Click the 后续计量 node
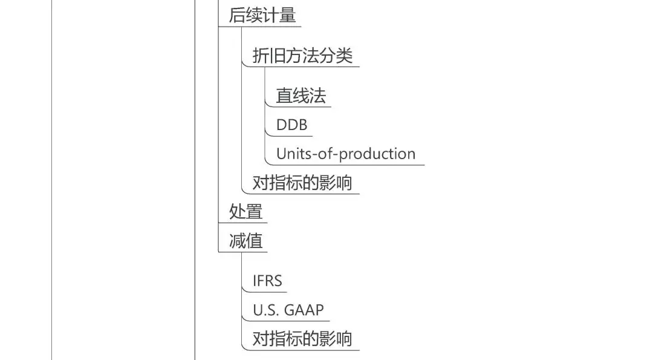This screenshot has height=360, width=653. coord(262,16)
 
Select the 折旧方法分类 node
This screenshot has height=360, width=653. coord(302,56)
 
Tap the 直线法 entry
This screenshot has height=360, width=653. coord(301,96)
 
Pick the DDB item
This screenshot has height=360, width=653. coord(292,125)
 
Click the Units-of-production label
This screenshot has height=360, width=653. coord(346,154)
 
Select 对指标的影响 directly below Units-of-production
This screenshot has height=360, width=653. coord(302,183)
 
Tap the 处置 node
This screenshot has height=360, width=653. coord(245,212)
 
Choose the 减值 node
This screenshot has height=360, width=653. coord(245,241)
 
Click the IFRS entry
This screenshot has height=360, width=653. coord(267,281)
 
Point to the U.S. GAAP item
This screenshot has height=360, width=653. coord(288,310)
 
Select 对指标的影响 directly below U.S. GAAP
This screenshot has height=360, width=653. coord(302,338)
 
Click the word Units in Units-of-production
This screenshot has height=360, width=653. coord(292,154)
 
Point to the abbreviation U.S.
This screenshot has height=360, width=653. coord(264,310)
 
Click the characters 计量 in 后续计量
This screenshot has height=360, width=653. coord(279,16)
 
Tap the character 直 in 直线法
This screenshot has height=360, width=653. coord(285,96)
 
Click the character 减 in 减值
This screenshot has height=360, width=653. coord(237,241)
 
